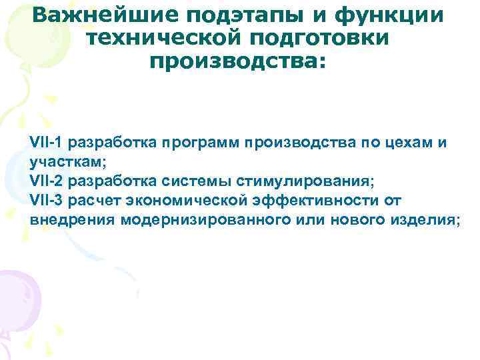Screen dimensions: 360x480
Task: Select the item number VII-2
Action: pyautogui.click(x=51, y=181)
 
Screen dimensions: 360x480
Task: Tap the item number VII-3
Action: pyautogui.click(x=51, y=200)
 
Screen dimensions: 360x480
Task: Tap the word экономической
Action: pyautogui.click(x=198, y=200)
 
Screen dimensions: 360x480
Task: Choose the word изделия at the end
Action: pyautogui.click(x=427, y=219)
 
